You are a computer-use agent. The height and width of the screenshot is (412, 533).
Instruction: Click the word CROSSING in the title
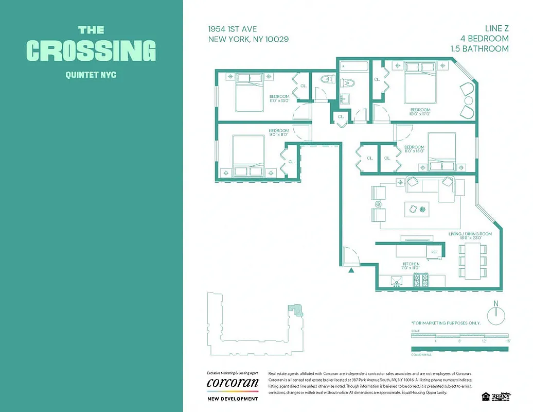click(91, 50)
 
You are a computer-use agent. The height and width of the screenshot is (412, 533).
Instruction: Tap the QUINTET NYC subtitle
click(91, 75)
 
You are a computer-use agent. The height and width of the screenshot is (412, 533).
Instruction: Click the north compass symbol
click(496, 315)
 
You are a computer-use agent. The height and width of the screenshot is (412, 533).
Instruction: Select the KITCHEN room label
click(411, 264)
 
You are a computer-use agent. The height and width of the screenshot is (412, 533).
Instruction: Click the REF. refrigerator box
click(434, 252)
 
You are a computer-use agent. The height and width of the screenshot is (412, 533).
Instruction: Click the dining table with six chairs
click(472, 260)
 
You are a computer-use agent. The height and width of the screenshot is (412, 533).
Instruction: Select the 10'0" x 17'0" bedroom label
click(420, 112)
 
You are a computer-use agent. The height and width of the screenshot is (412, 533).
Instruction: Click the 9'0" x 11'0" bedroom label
click(278, 133)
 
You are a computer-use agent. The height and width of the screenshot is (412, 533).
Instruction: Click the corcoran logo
click(232, 383)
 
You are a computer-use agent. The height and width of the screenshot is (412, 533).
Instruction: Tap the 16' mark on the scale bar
click(507, 341)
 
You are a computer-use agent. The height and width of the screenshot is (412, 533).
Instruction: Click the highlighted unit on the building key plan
click(295, 308)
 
